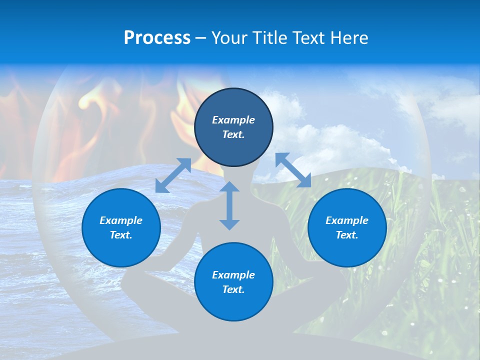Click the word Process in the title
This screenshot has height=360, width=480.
tap(157, 38)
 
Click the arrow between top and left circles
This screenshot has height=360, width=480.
tap(173, 175)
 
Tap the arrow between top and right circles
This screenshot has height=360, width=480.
tap(293, 170)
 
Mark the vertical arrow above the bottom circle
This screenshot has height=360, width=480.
tap(229, 205)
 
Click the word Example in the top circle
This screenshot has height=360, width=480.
tap(233, 120)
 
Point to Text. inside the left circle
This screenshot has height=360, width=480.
tap(121, 235)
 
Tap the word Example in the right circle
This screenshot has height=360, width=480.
tap(347, 220)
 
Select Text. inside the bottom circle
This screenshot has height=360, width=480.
tap(233, 289)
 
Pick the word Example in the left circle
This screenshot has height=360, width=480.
tap(121, 220)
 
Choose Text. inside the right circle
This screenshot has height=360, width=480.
tap(347, 235)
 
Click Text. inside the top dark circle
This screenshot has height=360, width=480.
tap(233, 134)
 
